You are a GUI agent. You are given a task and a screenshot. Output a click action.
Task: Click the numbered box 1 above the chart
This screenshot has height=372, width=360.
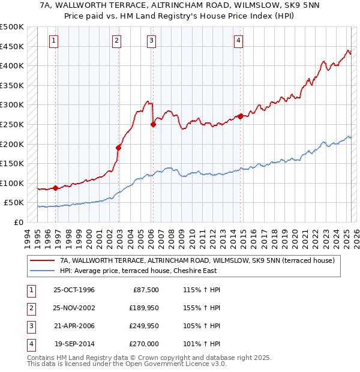tap(54, 41)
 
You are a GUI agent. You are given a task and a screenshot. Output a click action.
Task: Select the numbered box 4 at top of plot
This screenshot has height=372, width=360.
tap(238, 41)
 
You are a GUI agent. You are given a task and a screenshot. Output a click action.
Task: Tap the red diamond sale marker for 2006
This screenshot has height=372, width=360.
tap(153, 125)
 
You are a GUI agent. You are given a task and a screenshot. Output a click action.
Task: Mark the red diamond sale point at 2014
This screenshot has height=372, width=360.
tap(241, 116)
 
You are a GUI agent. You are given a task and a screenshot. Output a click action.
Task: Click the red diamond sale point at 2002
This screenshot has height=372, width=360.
tap(119, 148)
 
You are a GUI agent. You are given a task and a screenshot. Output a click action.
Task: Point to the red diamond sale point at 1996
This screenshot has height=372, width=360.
tap(56, 188)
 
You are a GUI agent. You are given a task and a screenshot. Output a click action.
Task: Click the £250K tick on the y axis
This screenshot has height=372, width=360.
tap(12, 124)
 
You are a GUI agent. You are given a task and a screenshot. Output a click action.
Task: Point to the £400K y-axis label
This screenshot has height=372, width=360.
tap(12, 65)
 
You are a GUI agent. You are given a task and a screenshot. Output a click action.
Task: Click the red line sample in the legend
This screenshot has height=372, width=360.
tap(42, 260)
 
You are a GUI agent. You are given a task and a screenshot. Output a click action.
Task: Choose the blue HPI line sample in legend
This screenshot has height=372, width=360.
tap(42, 271)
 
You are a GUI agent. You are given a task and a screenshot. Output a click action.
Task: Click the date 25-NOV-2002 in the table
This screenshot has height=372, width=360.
tap(74, 308)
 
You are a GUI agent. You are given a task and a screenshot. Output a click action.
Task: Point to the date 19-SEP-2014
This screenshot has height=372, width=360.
tap(74, 344)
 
